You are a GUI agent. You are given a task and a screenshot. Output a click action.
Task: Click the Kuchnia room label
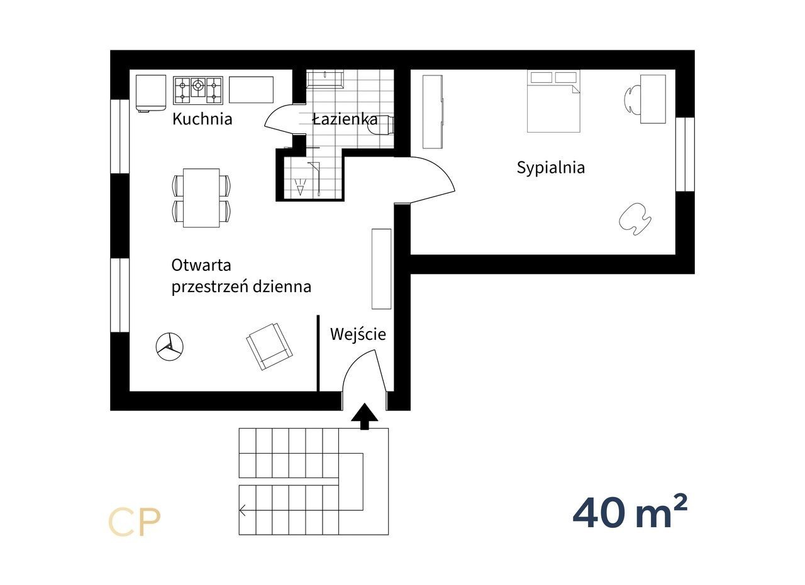[203, 119]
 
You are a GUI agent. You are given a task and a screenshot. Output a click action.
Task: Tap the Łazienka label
[345, 119]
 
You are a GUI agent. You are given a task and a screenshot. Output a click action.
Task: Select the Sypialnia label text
[550, 168]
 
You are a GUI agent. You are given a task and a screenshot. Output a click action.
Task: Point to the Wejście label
[358, 334]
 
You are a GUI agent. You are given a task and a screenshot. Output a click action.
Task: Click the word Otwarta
[201, 265]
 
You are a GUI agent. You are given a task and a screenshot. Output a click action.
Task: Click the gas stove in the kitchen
[198, 90]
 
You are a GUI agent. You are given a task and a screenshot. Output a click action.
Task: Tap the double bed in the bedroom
[553, 101]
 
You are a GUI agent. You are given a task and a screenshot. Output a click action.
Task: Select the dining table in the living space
[201, 198]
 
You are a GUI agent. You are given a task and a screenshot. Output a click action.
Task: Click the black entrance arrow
[364, 416]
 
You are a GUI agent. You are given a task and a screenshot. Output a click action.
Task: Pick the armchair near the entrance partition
[269, 347]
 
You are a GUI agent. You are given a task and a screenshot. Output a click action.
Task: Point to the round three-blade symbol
[170, 347]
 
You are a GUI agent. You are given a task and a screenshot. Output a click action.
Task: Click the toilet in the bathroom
[382, 125]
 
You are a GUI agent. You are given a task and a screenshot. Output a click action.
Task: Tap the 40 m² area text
[630, 512]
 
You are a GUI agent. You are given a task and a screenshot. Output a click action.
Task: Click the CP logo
[134, 522]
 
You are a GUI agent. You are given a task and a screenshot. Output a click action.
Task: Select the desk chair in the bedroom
[633, 99]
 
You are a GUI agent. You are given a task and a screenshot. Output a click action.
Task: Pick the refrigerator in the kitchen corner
[151, 94]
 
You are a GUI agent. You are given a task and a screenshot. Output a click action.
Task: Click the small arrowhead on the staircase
[243, 510]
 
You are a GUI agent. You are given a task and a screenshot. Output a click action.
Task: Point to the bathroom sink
[325, 79]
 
